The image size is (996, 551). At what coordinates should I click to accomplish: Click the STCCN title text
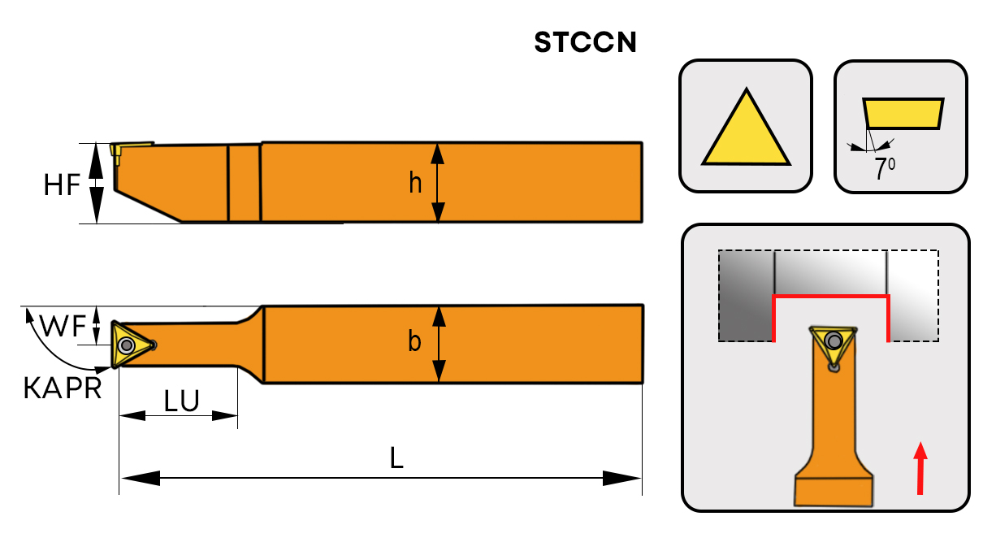585,42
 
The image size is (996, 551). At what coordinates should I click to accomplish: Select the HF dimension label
62,185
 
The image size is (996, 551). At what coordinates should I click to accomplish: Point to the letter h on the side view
415,184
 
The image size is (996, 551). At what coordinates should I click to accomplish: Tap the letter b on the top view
414,341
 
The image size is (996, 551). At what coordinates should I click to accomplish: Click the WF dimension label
63,327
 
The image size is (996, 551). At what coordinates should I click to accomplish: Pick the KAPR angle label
63,388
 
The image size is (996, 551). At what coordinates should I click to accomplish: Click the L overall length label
396,459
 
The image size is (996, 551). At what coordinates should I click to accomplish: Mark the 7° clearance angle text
884,169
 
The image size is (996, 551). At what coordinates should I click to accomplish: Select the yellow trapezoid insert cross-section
903,114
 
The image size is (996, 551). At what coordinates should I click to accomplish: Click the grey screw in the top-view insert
126,346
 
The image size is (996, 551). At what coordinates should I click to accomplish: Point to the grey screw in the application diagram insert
833,340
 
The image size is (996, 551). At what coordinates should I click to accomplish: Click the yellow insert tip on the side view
117,151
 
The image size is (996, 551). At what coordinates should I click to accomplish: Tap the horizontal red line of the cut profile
830,297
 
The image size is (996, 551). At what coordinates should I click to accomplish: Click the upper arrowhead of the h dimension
438,153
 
